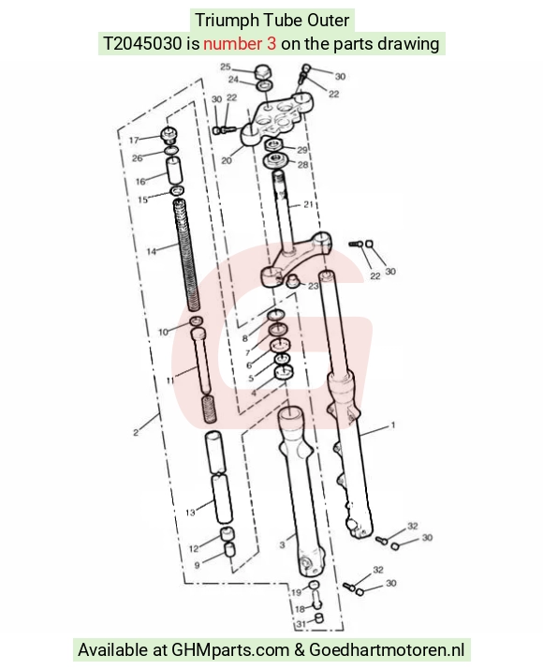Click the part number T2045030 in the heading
(x=142, y=44)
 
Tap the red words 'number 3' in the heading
(x=240, y=44)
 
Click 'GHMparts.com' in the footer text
(x=230, y=650)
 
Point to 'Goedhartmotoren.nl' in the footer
(x=387, y=650)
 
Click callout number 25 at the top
(x=226, y=67)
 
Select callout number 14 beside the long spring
(x=152, y=251)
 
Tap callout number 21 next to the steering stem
(x=308, y=204)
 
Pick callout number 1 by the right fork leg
(x=393, y=424)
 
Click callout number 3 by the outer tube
(x=282, y=544)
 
